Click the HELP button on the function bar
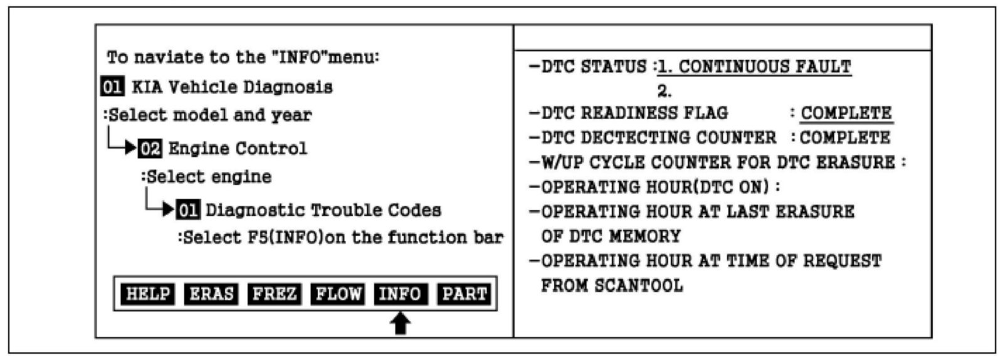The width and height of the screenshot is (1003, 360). [x=147, y=294]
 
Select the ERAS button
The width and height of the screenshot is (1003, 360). [x=211, y=294]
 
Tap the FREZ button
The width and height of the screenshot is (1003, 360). [x=274, y=294]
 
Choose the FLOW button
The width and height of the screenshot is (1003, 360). [x=338, y=294]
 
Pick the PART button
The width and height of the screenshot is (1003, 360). [x=465, y=294]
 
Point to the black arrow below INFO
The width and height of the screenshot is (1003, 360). [x=401, y=324]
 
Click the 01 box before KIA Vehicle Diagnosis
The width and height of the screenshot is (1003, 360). [x=112, y=87]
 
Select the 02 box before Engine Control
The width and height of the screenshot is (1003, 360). [x=150, y=149]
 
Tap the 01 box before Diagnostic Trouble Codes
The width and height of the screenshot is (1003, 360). [x=187, y=210]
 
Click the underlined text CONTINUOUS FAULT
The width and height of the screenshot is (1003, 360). [x=765, y=67]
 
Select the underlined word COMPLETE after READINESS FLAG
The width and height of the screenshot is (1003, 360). [x=846, y=114]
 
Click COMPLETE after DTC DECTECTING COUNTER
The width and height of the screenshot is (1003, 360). [x=845, y=138]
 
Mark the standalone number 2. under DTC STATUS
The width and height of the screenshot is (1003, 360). [x=664, y=92]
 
